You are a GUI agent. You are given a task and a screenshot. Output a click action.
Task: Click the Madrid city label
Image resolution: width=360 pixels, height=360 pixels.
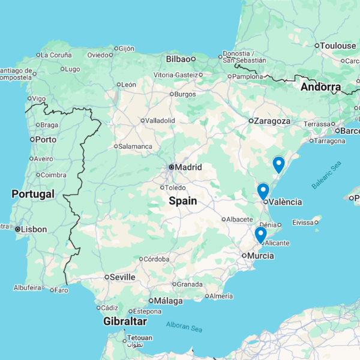(188, 167)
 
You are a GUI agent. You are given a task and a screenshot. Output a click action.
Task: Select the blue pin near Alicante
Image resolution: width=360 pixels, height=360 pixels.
(260, 235)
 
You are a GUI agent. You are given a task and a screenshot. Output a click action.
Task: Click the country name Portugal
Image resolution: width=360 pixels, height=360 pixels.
(33, 194)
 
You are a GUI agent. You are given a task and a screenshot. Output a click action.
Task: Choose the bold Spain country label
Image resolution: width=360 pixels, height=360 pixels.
(182, 201)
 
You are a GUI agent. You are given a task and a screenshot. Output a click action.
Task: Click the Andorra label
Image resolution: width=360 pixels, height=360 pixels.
(321, 87)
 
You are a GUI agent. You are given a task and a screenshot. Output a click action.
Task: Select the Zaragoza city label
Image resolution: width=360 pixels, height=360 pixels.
(272, 121)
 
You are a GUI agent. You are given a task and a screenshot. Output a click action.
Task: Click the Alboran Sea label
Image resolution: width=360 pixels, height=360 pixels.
(184, 327)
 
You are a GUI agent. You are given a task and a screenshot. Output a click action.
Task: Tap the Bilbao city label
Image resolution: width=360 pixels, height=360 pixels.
(178, 59)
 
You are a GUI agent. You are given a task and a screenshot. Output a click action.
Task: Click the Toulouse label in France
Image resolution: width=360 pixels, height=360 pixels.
(338, 46)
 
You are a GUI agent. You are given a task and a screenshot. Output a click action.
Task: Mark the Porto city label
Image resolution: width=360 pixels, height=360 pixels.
(46, 139)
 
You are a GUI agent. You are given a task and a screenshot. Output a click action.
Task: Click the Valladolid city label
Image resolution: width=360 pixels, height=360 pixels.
(160, 121)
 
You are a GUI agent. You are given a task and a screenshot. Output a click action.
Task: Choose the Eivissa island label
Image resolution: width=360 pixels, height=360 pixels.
(303, 222)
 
